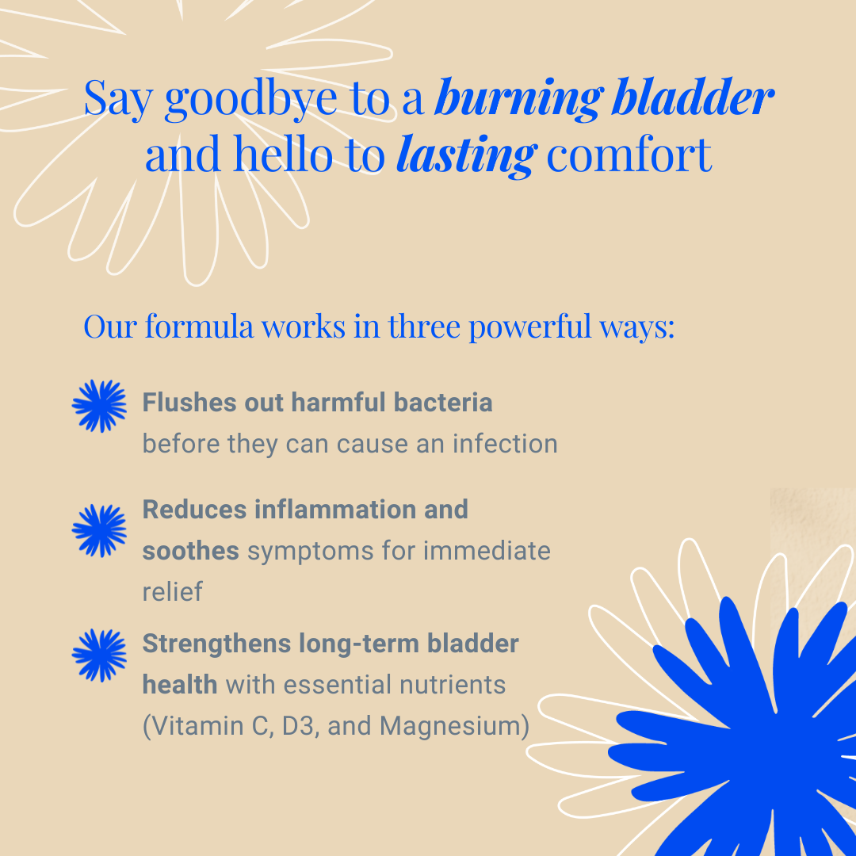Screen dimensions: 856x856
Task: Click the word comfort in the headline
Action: click(x=629, y=154)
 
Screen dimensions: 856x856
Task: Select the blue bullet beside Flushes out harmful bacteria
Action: click(x=99, y=406)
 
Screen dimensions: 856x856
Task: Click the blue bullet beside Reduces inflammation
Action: click(x=99, y=529)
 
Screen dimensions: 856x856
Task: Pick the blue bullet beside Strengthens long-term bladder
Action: click(x=99, y=655)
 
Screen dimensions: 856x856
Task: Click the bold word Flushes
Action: click(x=178, y=402)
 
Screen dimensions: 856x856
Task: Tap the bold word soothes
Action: click(x=190, y=550)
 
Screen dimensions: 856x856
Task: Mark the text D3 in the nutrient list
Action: click(x=300, y=726)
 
